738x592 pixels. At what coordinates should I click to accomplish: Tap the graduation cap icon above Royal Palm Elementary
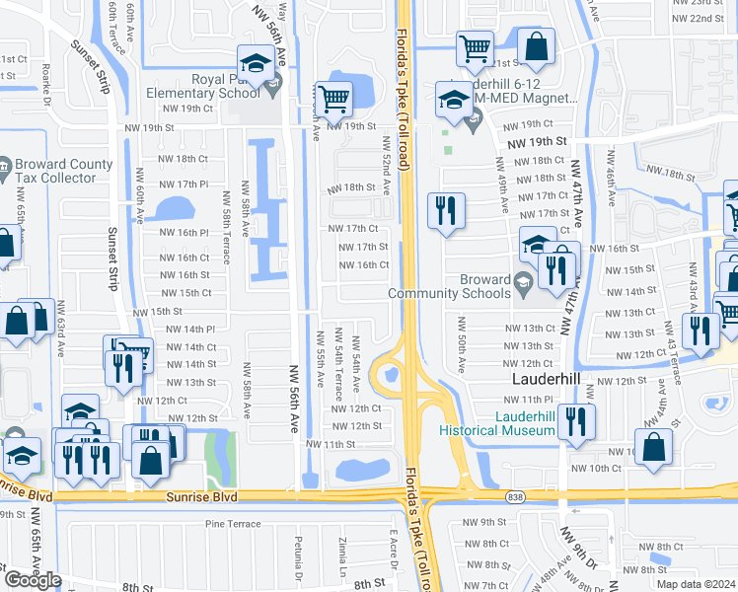click(256, 64)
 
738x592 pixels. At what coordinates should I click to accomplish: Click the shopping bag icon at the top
click(536, 47)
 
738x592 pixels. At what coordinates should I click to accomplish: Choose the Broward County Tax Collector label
click(55, 171)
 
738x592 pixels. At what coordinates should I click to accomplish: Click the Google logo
click(33, 579)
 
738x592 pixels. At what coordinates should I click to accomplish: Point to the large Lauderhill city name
click(551, 378)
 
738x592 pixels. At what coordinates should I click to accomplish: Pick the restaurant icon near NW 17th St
click(446, 211)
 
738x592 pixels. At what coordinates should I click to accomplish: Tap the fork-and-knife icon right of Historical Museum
click(577, 422)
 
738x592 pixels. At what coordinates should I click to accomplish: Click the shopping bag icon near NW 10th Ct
click(654, 447)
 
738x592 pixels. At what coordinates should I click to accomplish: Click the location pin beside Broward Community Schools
click(522, 281)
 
